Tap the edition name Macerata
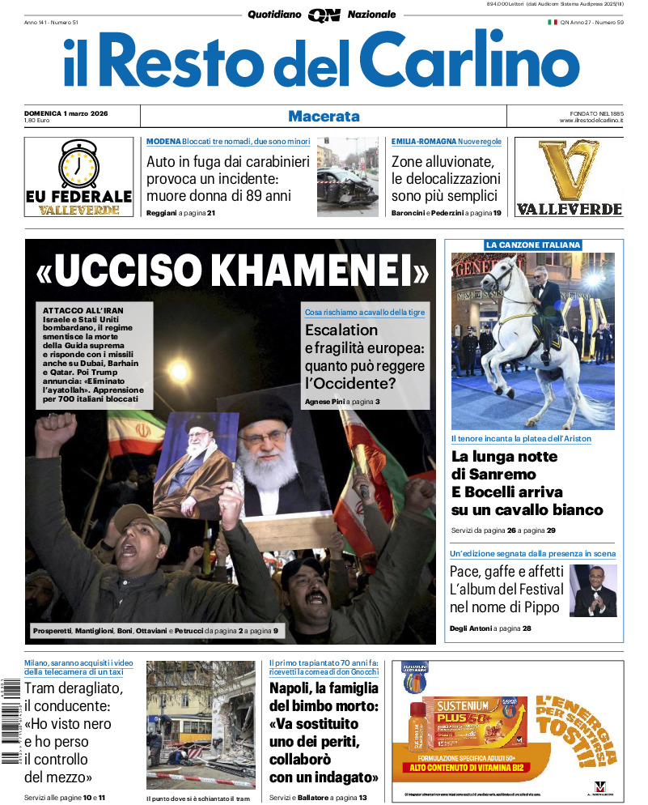pos(324,116)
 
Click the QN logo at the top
pos(324,15)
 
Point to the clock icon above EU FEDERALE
pos(78,164)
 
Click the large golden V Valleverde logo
pos(569,170)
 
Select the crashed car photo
pos(347,177)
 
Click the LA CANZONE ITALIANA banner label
pos(533,245)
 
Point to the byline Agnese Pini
pos(323,402)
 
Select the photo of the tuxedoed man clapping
pos(593,590)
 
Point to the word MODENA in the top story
pos(163,142)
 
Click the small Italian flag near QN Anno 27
pos(553,22)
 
